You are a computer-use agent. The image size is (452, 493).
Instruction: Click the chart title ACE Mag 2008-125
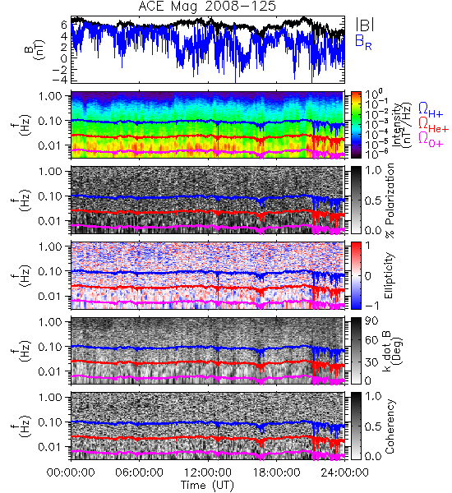(207, 6)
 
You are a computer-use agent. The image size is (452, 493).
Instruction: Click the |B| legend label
(365, 24)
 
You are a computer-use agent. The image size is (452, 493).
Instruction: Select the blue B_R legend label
(363, 42)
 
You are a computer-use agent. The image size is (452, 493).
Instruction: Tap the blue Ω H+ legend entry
(431, 110)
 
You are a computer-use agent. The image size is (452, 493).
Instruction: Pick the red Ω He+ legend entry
(433, 125)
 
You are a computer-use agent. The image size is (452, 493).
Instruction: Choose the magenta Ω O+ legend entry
(431, 140)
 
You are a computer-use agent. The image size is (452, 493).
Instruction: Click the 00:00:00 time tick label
(71, 472)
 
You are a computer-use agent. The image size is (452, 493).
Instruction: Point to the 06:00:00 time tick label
(139, 472)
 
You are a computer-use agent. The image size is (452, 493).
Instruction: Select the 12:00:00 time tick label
(208, 472)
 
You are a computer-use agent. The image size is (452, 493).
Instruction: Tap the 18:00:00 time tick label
(276, 472)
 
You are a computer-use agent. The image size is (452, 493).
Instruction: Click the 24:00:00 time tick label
(344, 472)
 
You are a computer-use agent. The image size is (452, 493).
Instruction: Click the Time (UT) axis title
(207, 486)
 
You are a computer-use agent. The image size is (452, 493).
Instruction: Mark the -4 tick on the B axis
(61, 79)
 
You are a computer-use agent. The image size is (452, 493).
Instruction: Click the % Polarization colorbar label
(390, 200)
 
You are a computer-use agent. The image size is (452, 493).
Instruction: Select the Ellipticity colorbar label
(389, 275)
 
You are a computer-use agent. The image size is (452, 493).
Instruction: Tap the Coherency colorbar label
(390, 426)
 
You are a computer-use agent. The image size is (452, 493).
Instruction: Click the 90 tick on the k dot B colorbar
(371, 321)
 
